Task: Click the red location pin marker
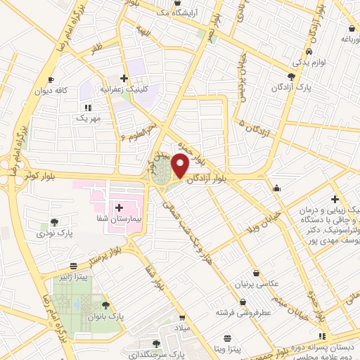click(180, 167)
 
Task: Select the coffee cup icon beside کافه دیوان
click(51, 80)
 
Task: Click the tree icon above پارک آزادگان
click(292, 77)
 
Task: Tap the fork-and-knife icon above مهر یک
click(89, 108)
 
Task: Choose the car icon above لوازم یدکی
click(309, 52)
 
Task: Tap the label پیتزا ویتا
click(228, 349)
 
